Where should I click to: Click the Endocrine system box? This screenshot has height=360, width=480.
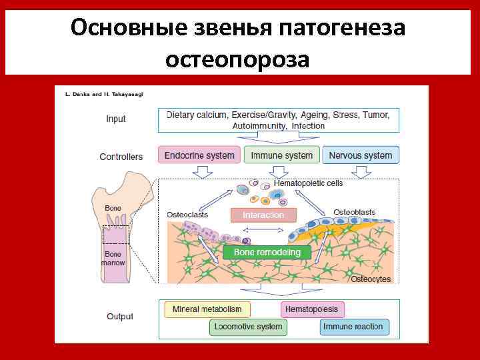[x=199, y=155]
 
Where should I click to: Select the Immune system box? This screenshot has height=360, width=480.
[x=281, y=155]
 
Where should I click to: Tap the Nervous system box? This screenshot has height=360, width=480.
[x=361, y=155]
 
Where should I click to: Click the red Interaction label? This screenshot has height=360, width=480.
[x=263, y=215]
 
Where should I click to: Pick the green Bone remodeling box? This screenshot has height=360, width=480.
[x=267, y=253]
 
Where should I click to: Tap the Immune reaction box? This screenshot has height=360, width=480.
[x=353, y=327]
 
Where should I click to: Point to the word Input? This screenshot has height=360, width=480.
[x=116, y=119]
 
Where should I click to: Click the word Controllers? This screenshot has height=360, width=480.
[x=121, y=157]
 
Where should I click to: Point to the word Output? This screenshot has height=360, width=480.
[x=120, y=317]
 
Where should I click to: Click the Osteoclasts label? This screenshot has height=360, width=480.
[x=187, y=215]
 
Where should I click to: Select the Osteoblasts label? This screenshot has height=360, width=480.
[x=354, y=212]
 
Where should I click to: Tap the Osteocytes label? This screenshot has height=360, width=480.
[x=371, y=279]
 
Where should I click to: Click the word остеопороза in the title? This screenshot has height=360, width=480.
[x=237, y=59]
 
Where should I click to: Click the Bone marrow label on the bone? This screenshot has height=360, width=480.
[x=113, y=258]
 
